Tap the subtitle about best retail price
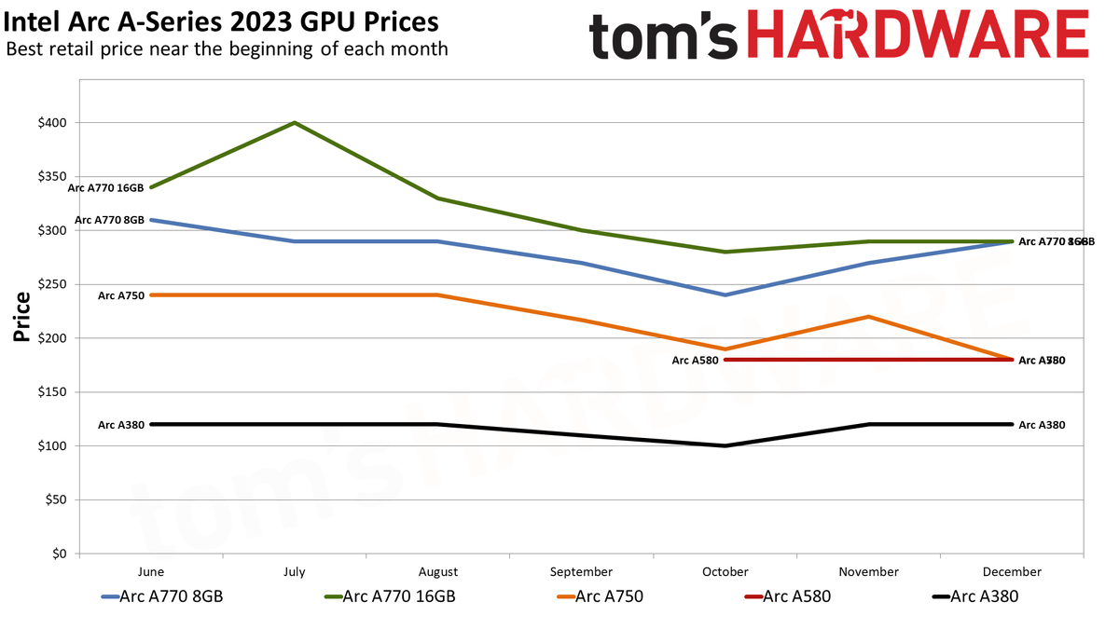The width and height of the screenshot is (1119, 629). tap(227, 48)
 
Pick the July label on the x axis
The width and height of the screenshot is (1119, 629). tap(295, 572)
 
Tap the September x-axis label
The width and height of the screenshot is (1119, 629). tap(582, 572)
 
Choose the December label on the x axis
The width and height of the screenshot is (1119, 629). tap(1012, 572)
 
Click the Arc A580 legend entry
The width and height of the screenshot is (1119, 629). tap(788, 596)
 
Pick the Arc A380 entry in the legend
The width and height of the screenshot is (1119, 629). tap(975, 596)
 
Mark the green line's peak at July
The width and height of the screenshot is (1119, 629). tap(295, 123)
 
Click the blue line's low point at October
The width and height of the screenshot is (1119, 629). tap(725, 294)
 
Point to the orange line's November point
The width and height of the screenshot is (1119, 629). tap(869, 317)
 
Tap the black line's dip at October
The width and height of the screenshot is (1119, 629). tap(725, 445)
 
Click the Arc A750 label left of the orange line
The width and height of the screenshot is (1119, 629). tap(120, 295)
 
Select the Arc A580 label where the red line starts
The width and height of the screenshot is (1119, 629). tap(695, 360)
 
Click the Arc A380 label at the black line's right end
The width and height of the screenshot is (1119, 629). tap(1041, 425)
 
